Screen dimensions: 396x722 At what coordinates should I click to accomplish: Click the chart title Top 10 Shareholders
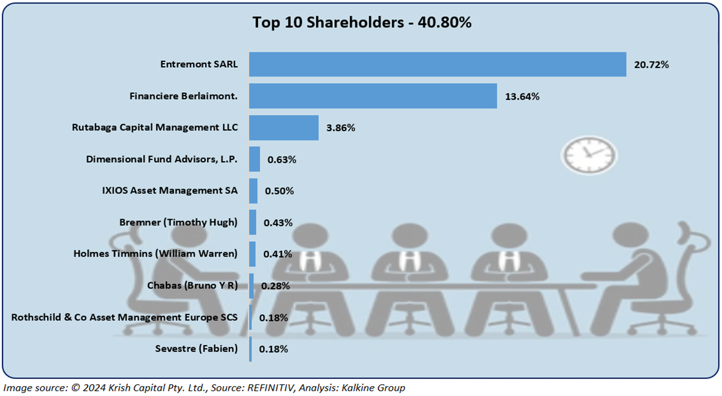click(x=361, y=22)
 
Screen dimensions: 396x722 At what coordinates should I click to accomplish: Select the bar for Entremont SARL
click(x=437, y=64)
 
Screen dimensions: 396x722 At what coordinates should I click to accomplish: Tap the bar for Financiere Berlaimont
click(x=372, y=96)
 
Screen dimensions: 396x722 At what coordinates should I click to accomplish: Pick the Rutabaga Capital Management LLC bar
click(x=283, y=128)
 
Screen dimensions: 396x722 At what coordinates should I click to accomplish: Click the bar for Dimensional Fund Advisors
click(x=254, y=159)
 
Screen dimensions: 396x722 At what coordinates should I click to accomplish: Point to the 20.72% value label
click(x=651, y=65)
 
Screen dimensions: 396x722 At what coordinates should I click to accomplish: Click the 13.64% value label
click(x=522, y=97)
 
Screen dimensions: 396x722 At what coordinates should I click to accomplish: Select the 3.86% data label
click(x=341, y=128)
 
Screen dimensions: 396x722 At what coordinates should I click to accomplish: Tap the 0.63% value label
click(x=282, y=160)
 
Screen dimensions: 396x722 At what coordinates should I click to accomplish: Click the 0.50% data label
click(x=279, y=191)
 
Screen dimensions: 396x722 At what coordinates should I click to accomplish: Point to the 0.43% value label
click(x=278, y=223)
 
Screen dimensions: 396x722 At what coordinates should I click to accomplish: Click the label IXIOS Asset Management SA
click(x=170, y=191)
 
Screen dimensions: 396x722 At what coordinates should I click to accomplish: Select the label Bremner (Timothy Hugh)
click(x=178, y=222)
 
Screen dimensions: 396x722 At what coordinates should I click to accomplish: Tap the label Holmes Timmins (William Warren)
click(x=155, y=254)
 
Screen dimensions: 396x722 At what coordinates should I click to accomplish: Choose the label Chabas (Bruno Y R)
click(x=192, y=285)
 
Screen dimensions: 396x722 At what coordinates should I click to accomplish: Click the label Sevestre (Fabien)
click(x=196, y=349)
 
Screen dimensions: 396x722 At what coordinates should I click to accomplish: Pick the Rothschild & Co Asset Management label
click(x=124, y=317)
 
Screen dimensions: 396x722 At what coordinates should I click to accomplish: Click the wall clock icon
click(x=589, y=155)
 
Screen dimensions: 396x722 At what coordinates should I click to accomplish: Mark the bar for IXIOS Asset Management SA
click(x=253, y=191)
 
